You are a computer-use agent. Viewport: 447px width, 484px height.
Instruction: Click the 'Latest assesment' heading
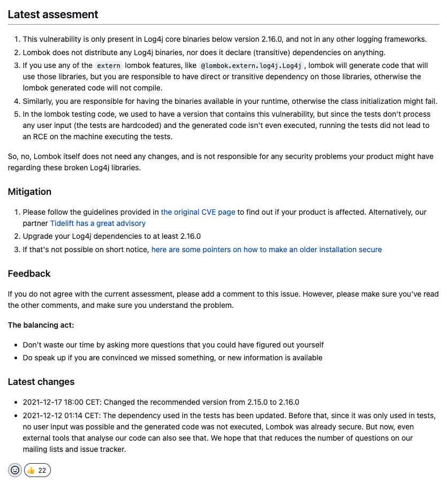pos(53,14)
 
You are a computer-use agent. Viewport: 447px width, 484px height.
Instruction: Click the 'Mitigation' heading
pos(29,192)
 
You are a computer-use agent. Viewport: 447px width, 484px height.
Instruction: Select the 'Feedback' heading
pos(29,274)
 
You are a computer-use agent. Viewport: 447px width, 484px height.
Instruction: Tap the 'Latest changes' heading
pos(41,382)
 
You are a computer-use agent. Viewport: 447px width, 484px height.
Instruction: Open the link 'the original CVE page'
pos(198,212)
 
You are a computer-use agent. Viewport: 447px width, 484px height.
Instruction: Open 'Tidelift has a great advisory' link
pos(98,223)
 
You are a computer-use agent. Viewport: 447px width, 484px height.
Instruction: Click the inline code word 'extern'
pos(109,66)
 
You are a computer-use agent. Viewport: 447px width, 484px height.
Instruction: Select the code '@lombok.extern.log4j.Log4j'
pos(251,66)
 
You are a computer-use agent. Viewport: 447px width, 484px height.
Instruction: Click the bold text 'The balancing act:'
pos(41,325)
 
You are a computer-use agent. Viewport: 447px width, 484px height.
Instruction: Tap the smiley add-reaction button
pos(15,470)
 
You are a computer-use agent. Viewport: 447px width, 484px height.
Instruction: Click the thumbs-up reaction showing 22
pos(37,470)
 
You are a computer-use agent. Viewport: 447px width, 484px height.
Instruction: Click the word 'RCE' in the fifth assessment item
pos(37,137)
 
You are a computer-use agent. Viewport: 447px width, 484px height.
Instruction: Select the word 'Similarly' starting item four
pos(39,101)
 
